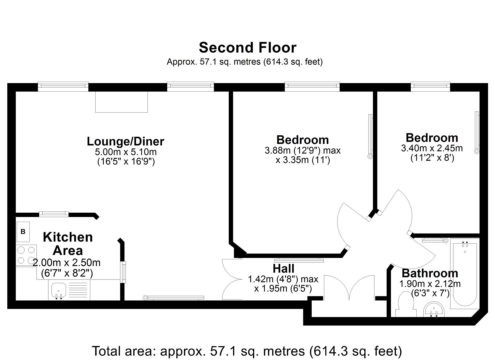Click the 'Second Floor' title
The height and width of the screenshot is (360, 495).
(x=247, y=48)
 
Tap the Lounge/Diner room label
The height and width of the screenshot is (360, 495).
(x=125, y=141)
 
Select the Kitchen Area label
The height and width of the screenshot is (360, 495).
(x=68, y=244)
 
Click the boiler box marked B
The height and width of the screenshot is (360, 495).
(x=23, y=232)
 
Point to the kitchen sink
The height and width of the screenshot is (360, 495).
(x=58, y=290)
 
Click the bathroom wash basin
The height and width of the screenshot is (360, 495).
(x=434, y=310)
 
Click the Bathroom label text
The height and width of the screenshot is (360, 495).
(x=430, y=273)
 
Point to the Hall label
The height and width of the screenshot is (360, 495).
(x=283, y=268)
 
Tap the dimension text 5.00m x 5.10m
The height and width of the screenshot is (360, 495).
(x=126, y=152)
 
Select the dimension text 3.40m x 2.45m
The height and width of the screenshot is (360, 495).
(x=432, y=148)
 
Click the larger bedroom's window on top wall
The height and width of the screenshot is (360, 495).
(x=312, y=86)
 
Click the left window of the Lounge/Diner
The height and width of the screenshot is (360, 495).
(x=63, y=86)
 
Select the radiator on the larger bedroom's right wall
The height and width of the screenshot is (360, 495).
(x=370, y=136)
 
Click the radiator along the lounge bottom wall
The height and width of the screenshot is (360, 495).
(x=174, y=298)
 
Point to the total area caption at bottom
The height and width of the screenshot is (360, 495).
(x=247, y=351)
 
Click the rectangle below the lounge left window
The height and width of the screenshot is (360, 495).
(x=122, y=102)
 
